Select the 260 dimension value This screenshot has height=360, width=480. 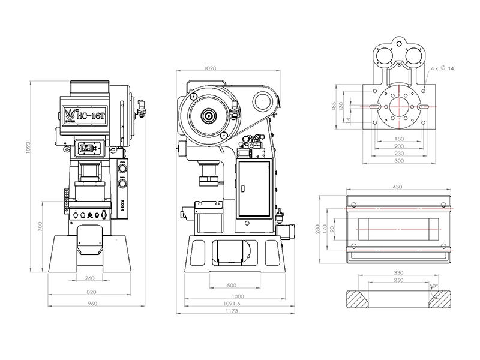point(91,278)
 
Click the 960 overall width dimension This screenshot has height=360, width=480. point(91,304)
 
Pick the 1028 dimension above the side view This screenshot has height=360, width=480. point(211,68)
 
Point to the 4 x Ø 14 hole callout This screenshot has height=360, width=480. point(442,70)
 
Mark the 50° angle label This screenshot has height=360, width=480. point(433,286)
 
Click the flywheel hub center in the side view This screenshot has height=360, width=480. point(209,115)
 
